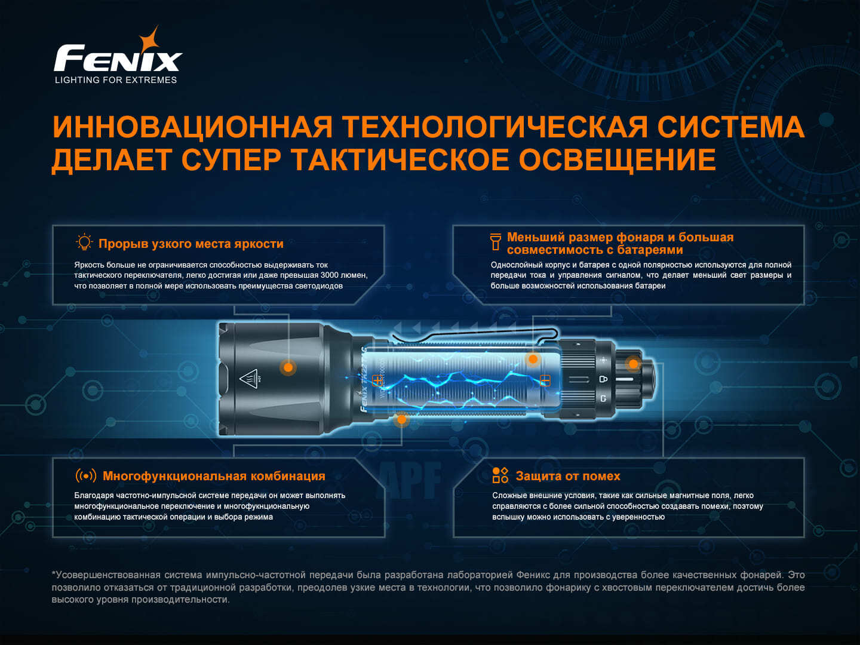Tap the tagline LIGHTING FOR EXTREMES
[x=116, y=80]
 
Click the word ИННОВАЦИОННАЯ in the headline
[x=192, y=127]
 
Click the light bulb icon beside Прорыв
[x=84, y=242]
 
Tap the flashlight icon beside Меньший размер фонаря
[x=495, y=242]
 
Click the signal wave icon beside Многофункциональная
[x=86, y=476]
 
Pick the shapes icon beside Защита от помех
[x=500, y=475]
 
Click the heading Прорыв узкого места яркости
[x=191, y=244]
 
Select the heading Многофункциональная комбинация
[x=214, y=476]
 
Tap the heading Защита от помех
[x=568, y=476]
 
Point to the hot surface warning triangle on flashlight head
[x=249, y=378]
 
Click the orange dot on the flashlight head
[x=288, y=367]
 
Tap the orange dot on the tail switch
[x=633, y=364]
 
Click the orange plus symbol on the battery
[x=377, y=380]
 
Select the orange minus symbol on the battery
[x=545, y=380]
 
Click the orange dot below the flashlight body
[x=401, y=419]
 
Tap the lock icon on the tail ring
[x=603, y=379]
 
